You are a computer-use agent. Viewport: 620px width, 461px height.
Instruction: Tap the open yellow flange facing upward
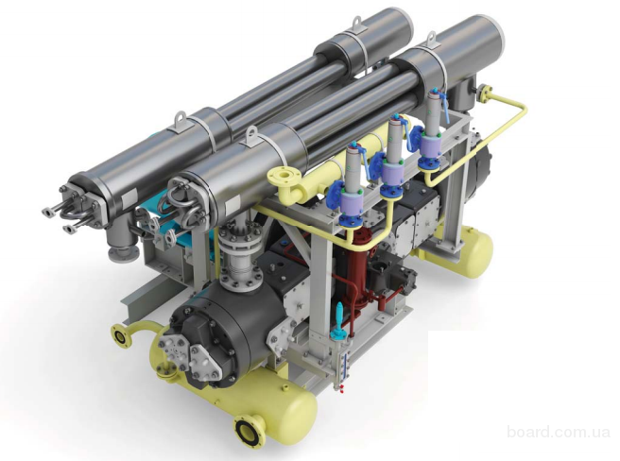[x=284, y=175]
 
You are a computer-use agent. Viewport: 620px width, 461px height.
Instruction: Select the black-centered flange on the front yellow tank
[x=248, y=431]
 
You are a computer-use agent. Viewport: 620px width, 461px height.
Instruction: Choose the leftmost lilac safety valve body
[x=353, y=204]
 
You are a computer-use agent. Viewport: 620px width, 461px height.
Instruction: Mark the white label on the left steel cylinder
[x=129, y=196]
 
